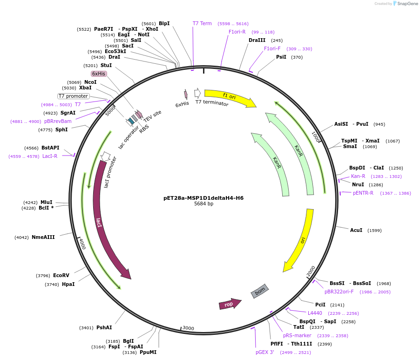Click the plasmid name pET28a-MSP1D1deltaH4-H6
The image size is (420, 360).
coord(203,198)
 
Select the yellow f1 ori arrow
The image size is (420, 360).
coord(230,98)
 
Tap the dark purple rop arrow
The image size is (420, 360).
coord(230,304)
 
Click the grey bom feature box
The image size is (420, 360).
coord(260,291)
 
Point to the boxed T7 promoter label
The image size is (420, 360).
coord(73,96)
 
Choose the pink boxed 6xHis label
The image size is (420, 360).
coord(99,74)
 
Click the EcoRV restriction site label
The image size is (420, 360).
coord(61,275)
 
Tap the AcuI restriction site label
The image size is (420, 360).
coord(356,230)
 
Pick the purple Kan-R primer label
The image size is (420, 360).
coord(358,176)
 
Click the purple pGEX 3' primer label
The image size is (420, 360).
coord(265,352)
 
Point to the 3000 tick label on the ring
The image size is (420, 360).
coord(188,328)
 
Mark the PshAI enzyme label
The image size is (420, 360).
coord(104,327)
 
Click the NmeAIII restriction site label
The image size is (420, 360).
coord(43,237)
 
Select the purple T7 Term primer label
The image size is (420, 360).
coord(202,23)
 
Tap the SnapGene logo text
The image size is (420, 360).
coord(406,4)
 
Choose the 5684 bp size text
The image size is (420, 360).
coord(203,204)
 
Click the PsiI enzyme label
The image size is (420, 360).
coord(281,57)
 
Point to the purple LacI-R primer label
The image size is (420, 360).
coord(50,156)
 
